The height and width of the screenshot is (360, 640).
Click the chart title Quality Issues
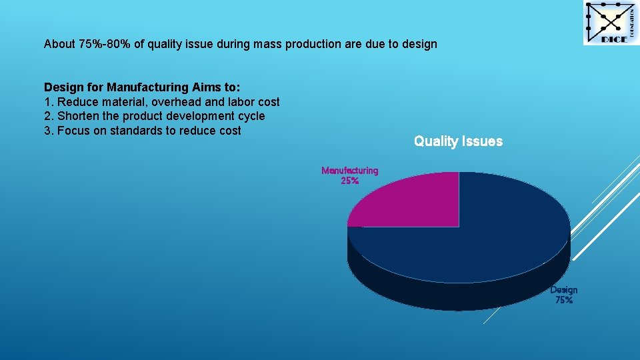coord(458,141)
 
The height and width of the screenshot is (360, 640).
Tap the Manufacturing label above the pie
coord(349,171)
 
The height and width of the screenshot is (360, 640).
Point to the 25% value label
coord(349,181)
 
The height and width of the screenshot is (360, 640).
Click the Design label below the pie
coord(563,290)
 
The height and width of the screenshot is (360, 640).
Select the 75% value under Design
coord(563,300)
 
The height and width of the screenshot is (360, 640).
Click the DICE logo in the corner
coord(610,23)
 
